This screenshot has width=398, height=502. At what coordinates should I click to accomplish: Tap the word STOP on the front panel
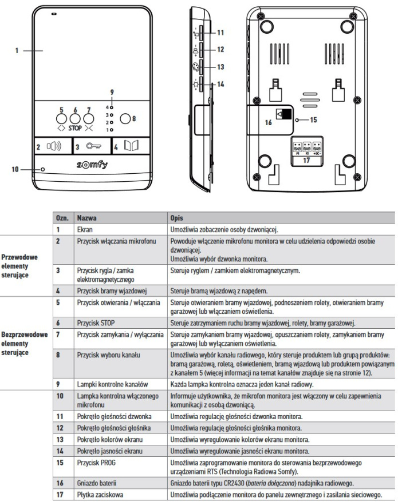click(75, 128)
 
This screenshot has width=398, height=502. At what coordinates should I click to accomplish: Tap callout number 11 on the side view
click(220, 33)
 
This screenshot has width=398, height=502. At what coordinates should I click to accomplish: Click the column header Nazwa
click(86, 218)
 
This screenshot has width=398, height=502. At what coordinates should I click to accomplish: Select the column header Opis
click(177, 218)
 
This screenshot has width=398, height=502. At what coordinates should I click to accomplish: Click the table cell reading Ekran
click(86, 229)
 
